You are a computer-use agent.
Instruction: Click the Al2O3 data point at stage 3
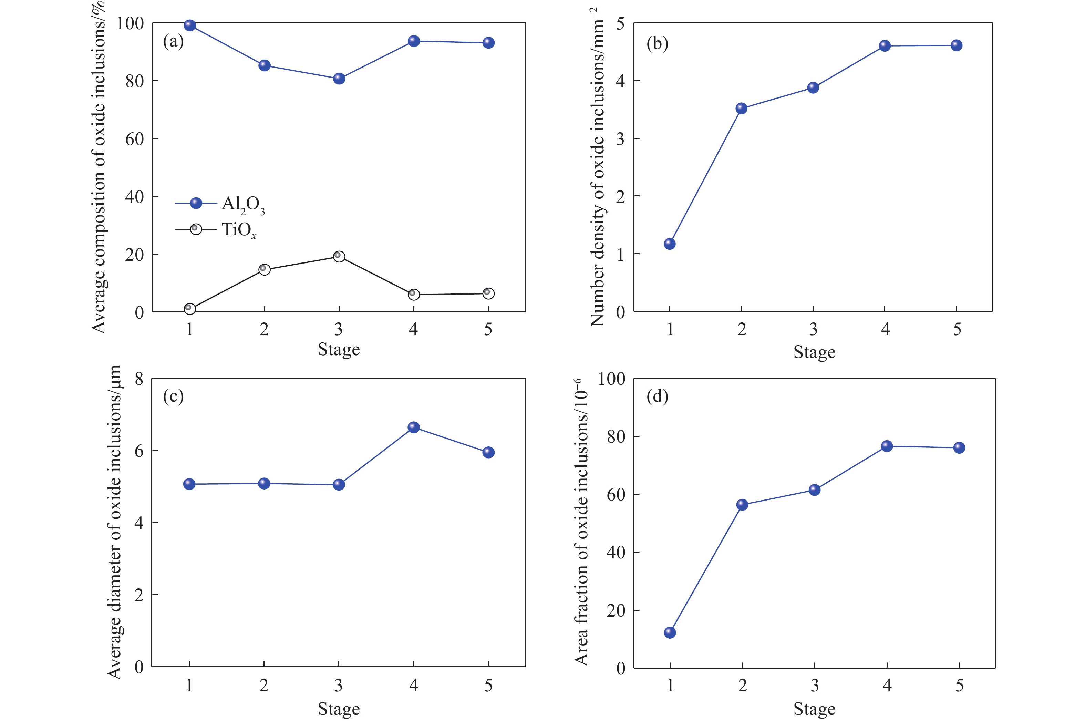click(x=339, y=79)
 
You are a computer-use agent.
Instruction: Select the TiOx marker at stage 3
click(x=339, y=256)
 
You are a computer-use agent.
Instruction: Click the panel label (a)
click(x=173, y=41)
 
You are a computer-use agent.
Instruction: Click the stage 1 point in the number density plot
click(x=670, y=244)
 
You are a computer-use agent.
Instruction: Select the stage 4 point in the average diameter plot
click(x=414, y=427)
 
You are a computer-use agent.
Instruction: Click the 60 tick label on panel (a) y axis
click(x=134, y=139)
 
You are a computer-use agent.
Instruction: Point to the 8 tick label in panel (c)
click(x=139, y=379)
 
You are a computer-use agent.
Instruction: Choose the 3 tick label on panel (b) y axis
click(x=621, y=139)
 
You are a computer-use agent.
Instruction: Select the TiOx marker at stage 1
click(x=189, y=309)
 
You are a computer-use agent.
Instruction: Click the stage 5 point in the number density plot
click(x=956, y=45)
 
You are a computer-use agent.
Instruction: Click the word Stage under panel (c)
click(x=339, y=709)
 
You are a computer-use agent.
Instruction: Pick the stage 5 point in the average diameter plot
click(x=488, y=452)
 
